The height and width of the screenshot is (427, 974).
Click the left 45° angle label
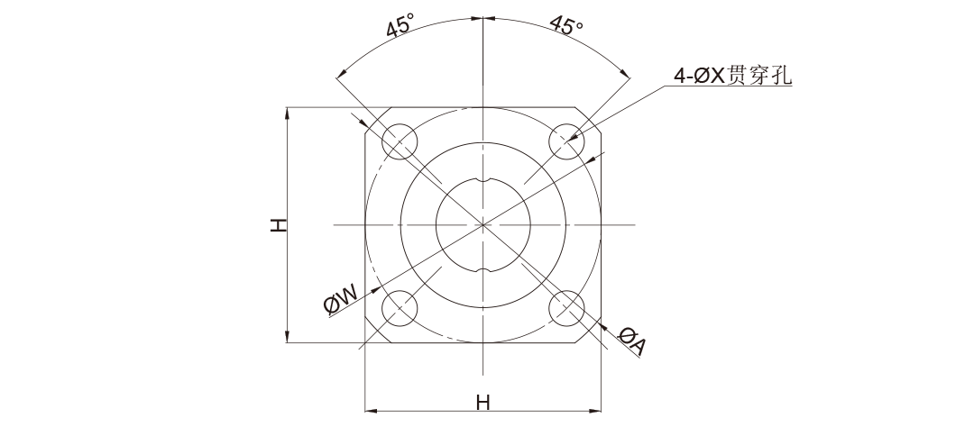pos(400,28)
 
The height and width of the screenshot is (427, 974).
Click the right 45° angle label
pos(566,25)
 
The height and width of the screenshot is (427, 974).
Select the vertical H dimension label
pos(279,225)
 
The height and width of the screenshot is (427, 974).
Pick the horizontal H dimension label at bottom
pos(482,403)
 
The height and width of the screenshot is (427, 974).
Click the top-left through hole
pos(400,141)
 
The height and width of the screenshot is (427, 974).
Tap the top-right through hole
pos(566,141)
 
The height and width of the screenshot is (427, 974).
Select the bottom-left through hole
pos(400,308)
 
